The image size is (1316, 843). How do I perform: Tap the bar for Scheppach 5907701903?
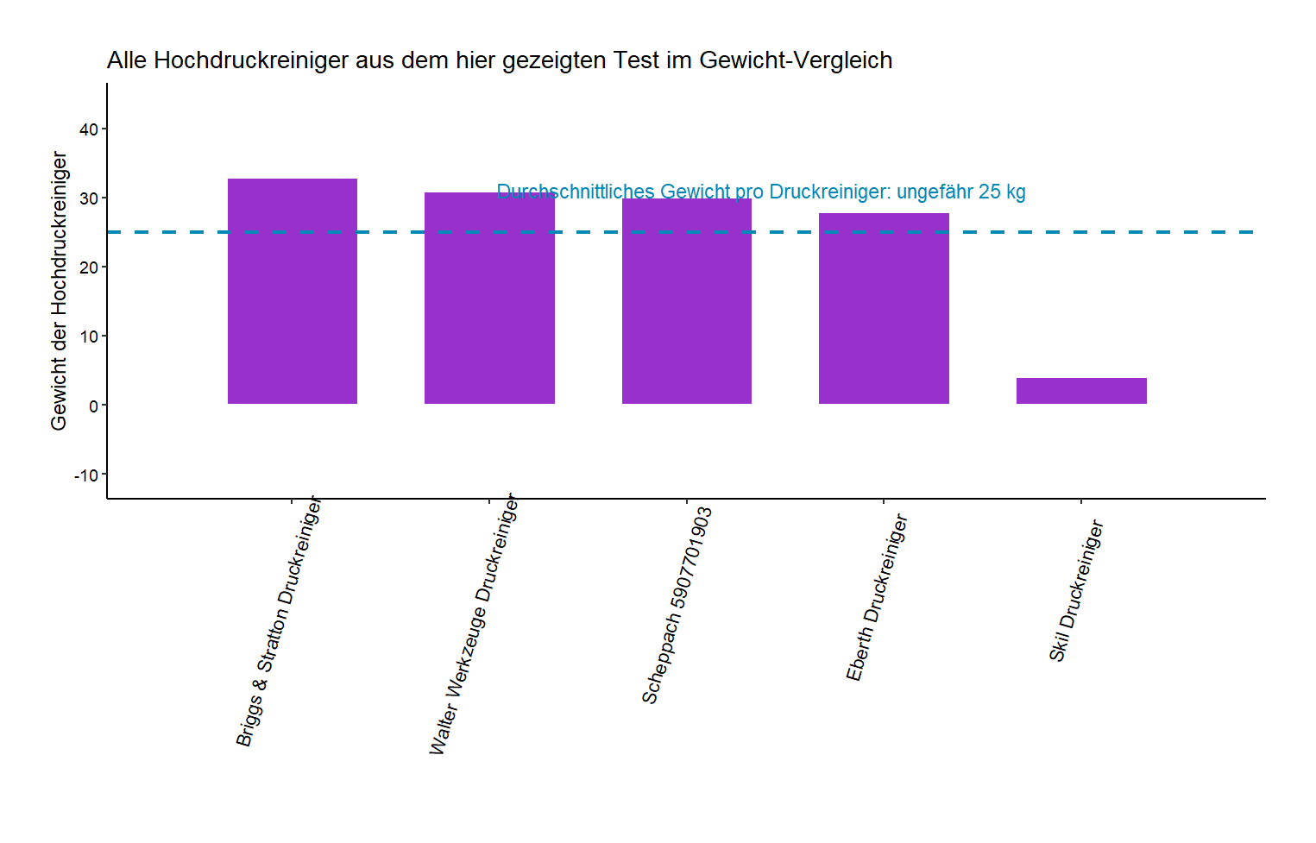(686, 302)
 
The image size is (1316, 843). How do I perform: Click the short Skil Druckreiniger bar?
(1081, 391)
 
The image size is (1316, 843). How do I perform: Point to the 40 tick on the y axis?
(88, 129)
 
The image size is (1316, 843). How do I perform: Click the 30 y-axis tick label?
(88, 198)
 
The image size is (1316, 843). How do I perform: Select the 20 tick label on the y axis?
(88, 267)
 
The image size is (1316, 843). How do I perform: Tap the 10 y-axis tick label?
(88, 337)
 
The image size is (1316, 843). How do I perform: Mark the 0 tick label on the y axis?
(93, 406)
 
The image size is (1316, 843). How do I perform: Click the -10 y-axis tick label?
(85, 475)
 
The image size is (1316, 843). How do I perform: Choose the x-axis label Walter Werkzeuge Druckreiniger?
(473, 626)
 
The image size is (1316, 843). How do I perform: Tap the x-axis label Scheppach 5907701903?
(677, 606)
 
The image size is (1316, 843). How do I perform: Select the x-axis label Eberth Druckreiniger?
(877, 597)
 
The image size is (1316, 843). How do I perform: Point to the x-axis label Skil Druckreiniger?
(1076, 591)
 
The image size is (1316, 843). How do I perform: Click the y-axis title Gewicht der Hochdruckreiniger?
(59, 291)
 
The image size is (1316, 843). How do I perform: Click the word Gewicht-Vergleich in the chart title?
(796, 60)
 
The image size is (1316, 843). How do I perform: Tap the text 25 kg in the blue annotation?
(1002, 192)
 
